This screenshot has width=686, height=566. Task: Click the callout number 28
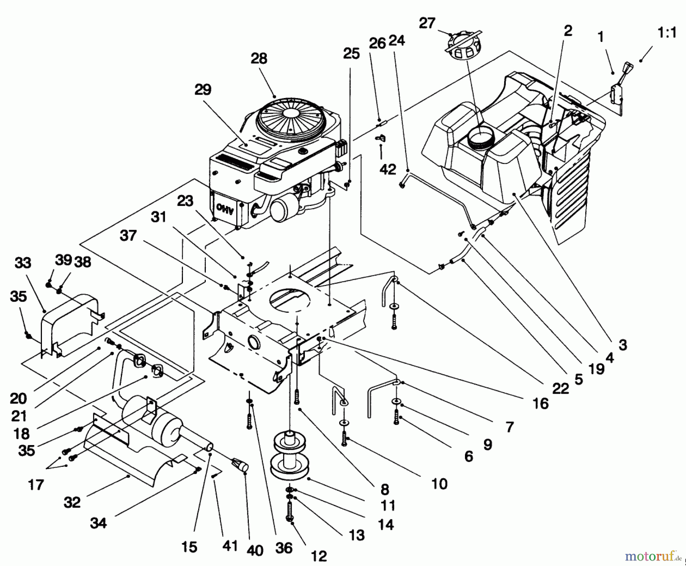click(x=259, y=58)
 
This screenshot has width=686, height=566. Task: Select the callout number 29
click(x=203, y=90)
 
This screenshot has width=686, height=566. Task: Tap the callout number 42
click(x=388, y=169)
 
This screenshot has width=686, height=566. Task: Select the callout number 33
click(x=23, y=263)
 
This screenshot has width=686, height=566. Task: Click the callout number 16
click(x=540, y=403)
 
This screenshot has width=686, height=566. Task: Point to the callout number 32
click(x=72, y=502)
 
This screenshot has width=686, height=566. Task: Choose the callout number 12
click(x=319, y=556)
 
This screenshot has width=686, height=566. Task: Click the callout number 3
click(x=622, y=345)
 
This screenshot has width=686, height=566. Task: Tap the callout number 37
click(x=128, y=235)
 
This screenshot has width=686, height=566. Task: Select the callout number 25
click(x=351, y=54)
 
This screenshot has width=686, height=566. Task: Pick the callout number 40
click(x=255, y=550)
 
